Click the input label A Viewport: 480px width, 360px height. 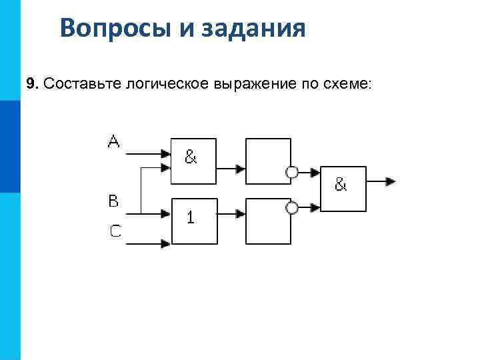(x=113, y=141)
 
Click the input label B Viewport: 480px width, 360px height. (x=114, y=200)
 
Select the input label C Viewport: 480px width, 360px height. (x=115, y=231)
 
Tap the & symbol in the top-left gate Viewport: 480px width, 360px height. (x=191, y=157)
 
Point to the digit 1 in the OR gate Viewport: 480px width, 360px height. (x=191, y=217)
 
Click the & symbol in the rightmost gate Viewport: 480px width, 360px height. (x=341, y=185)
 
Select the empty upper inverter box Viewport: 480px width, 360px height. (x=268, y=161)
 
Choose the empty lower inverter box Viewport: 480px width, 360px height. (x=268, y=221)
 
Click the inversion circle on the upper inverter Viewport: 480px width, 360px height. (x=291, y=173)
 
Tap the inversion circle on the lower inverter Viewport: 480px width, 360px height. (x=291, y=208)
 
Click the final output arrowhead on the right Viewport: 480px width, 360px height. (x=390, y=181)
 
